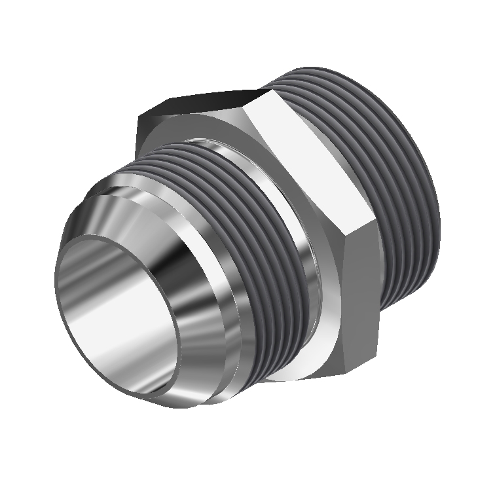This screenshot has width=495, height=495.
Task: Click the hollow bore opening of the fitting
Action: [118, 314]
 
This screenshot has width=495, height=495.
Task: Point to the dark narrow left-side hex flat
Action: [141, 131]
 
